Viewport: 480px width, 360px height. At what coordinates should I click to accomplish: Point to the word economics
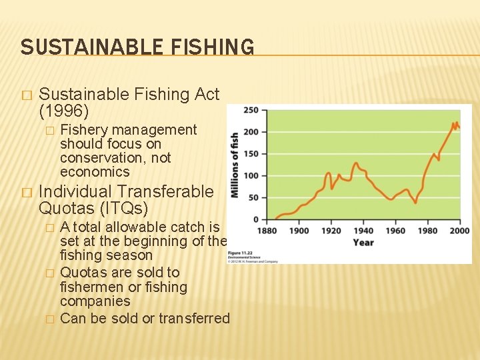point(95,172)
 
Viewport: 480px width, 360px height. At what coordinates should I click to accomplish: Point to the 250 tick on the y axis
point(251,110)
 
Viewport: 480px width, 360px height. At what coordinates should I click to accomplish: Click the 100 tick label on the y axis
point(251,176)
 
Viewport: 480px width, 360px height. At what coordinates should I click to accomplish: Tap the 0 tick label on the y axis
point(255,219)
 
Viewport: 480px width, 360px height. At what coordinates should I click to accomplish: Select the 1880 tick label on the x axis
point(268,231)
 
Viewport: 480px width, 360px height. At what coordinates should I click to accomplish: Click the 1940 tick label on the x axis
point(363,231)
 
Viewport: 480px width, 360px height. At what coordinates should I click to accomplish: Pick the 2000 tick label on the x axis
point(459,231)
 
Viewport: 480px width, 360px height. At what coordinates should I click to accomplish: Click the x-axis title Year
point(363,243)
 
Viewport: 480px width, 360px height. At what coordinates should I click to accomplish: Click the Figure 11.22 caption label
point(239,253)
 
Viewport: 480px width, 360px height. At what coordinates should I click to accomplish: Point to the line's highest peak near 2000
point(454,123)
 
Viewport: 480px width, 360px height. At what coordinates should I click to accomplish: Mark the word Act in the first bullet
point(207,95)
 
